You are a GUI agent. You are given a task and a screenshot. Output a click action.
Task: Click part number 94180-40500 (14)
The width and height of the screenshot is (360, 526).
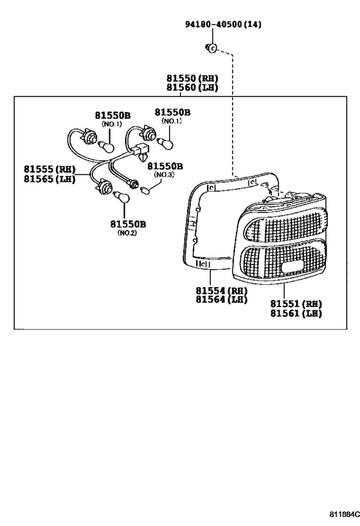pyautogui.click(x=223, y=24)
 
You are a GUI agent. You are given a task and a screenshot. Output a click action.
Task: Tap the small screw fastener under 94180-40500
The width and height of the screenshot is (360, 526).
pyautogui.click(x=212, y=48)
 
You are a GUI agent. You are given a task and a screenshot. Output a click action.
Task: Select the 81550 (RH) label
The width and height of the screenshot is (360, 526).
pyautogui.click(x=192, y=78)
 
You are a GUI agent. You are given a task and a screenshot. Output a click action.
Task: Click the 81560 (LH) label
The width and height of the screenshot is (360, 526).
pyautogui.click(x=192, y=87)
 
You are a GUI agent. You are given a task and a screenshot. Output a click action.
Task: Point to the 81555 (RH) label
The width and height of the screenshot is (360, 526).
pyautogui.click(x=50, y=169)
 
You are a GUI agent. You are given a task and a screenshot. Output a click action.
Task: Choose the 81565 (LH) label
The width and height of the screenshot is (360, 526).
pyautogui.click(x=50, y=179)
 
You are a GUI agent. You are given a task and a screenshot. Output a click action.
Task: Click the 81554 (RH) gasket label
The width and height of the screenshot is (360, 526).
pyautogui.click(x=222, y=290)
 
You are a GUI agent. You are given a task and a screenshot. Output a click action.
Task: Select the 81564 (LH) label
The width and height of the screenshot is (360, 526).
pyautogui.click(x=222, y=299)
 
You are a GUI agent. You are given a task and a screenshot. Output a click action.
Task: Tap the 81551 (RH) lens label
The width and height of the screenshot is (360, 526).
pyautogui.click(x=296, y=304)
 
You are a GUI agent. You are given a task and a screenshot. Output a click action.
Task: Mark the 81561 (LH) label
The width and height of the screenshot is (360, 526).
pyautogui.click(x=296, y=313)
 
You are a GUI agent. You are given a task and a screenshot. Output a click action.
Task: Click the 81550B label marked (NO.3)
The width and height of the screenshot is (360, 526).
pyautogui.click(x=165, y=166)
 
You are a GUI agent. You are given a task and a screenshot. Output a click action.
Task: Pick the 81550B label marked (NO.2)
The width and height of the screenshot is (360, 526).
pyautogui.click(x=128, y=224)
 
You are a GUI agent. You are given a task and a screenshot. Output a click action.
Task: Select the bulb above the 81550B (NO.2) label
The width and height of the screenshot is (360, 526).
pyautogui.click(x=122, y=197)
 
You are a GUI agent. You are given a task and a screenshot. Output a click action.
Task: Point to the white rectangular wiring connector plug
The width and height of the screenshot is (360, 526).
pyautogui.click(x=141, y=150)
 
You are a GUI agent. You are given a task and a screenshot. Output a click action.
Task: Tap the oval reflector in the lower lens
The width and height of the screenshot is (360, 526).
pyautogui.click(x=292, y=268)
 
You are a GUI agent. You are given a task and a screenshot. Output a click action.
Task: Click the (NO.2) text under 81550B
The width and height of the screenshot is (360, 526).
pyautogui.click(x=127, y=232)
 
